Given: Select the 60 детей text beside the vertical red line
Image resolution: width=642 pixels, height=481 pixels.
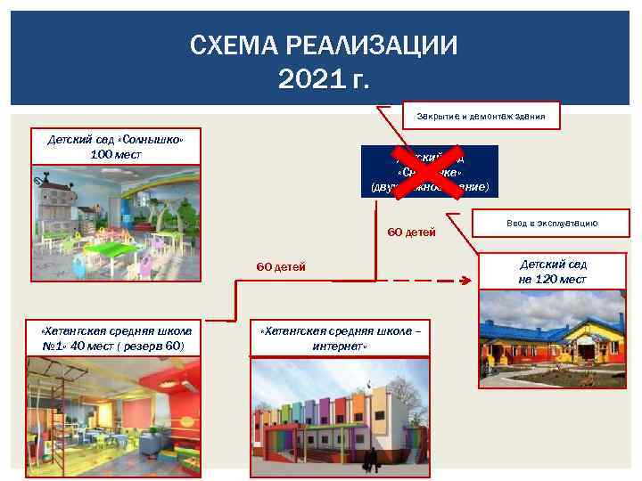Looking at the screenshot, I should [x=411, y=233].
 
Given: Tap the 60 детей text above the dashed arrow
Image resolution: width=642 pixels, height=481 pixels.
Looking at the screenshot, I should [x=281, y=267].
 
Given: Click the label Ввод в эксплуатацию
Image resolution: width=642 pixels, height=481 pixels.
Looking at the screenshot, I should [x=550, y=225].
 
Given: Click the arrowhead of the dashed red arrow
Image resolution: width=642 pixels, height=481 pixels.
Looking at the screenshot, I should [x=465, y=280].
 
